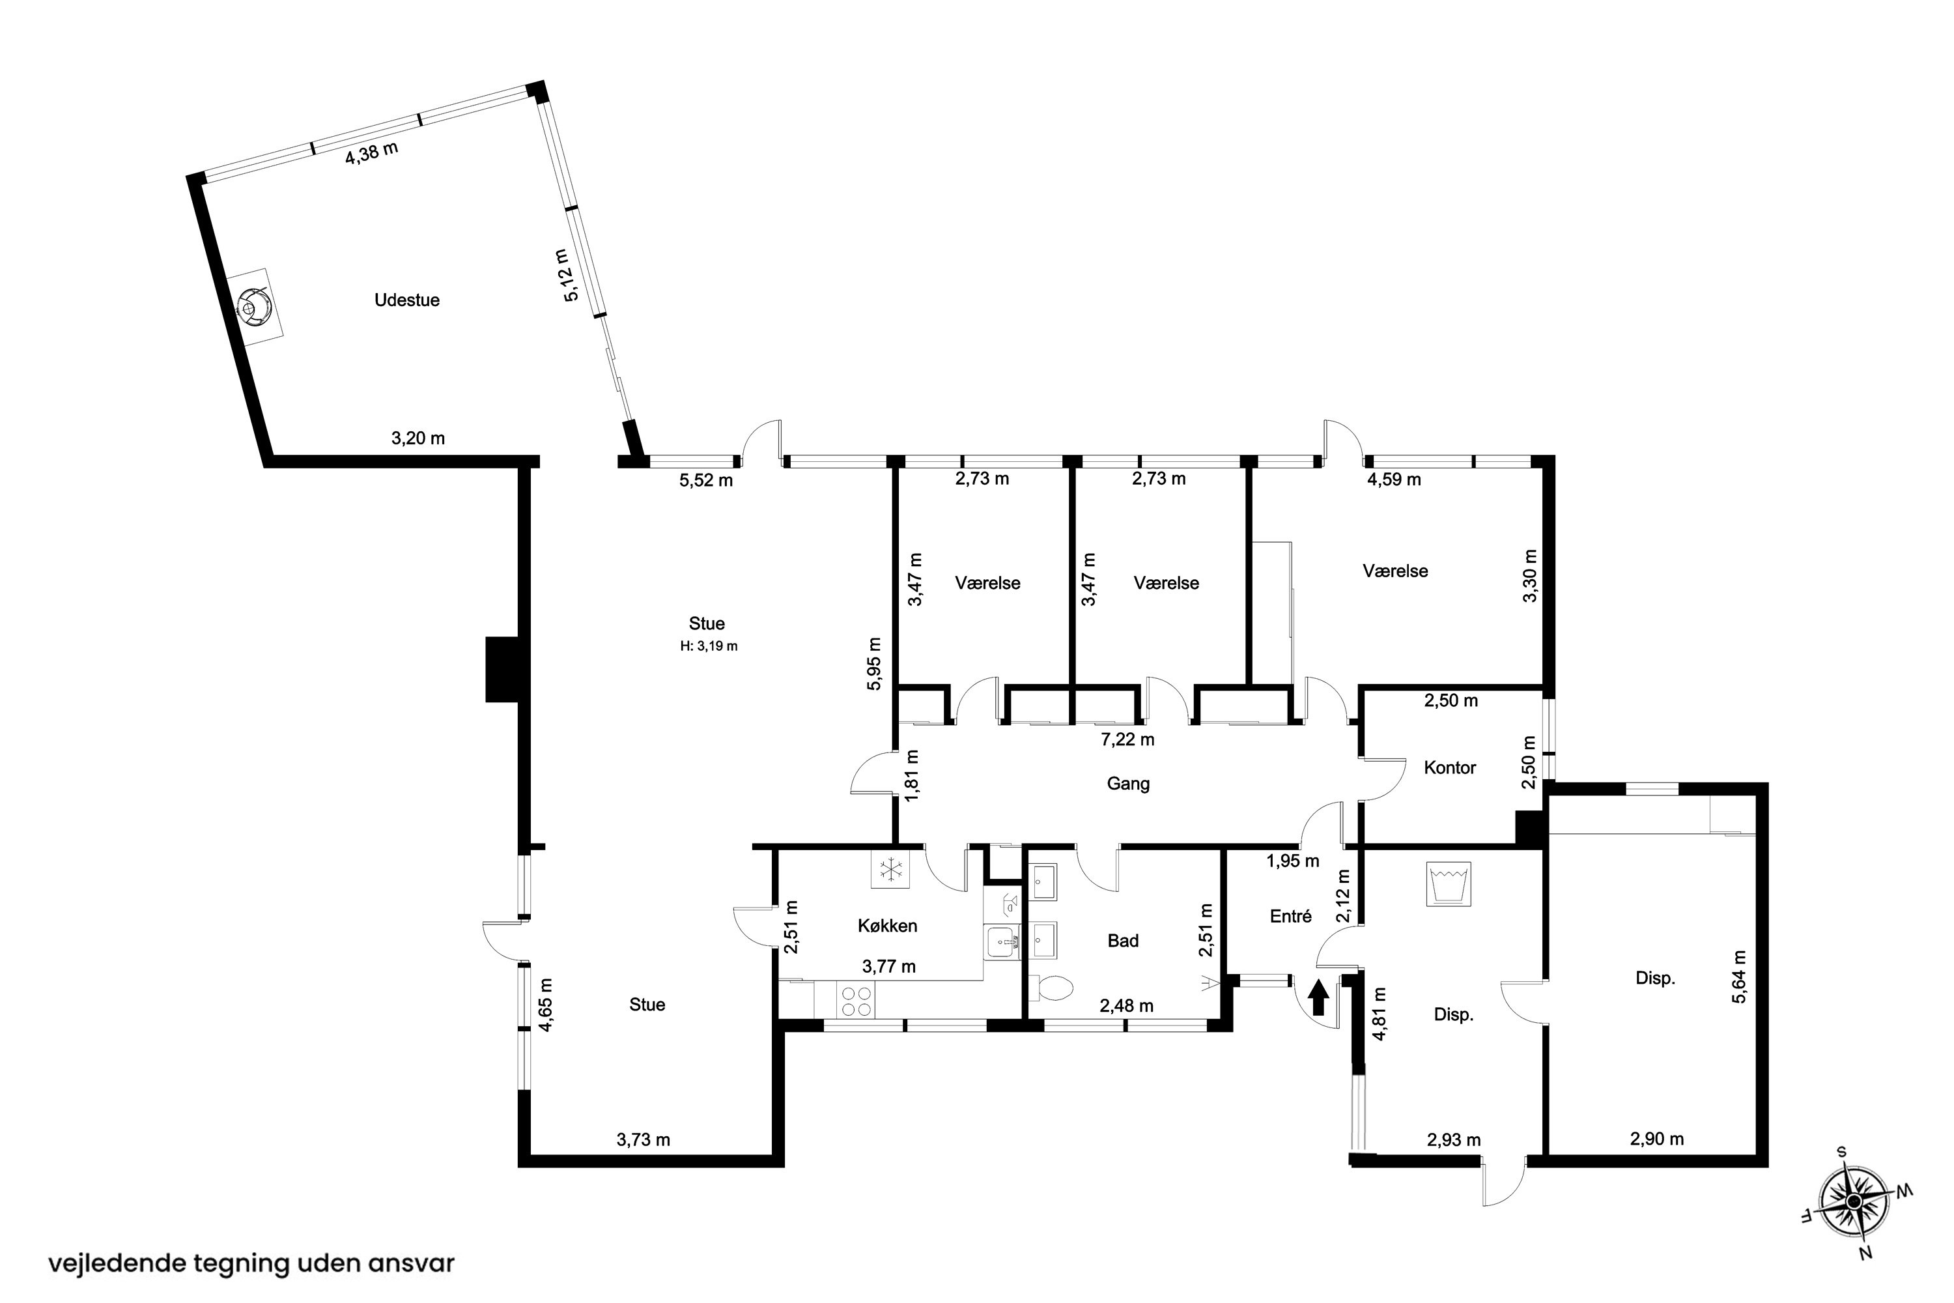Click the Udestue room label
(406, 300)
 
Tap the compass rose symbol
(1854, 1203)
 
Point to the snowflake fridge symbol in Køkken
(892, 870)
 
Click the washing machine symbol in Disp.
(1449, 883)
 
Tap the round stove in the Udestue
(254, 304)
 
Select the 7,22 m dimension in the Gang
(1127, 739)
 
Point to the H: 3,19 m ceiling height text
(709, 646)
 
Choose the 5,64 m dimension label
(1739, 977)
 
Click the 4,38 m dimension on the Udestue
(371, 154)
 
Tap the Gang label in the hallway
(1128, 784)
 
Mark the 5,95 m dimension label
(873, 663)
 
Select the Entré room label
(1291, 916)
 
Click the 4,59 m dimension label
(1394, 480)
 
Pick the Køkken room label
(887, 926)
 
